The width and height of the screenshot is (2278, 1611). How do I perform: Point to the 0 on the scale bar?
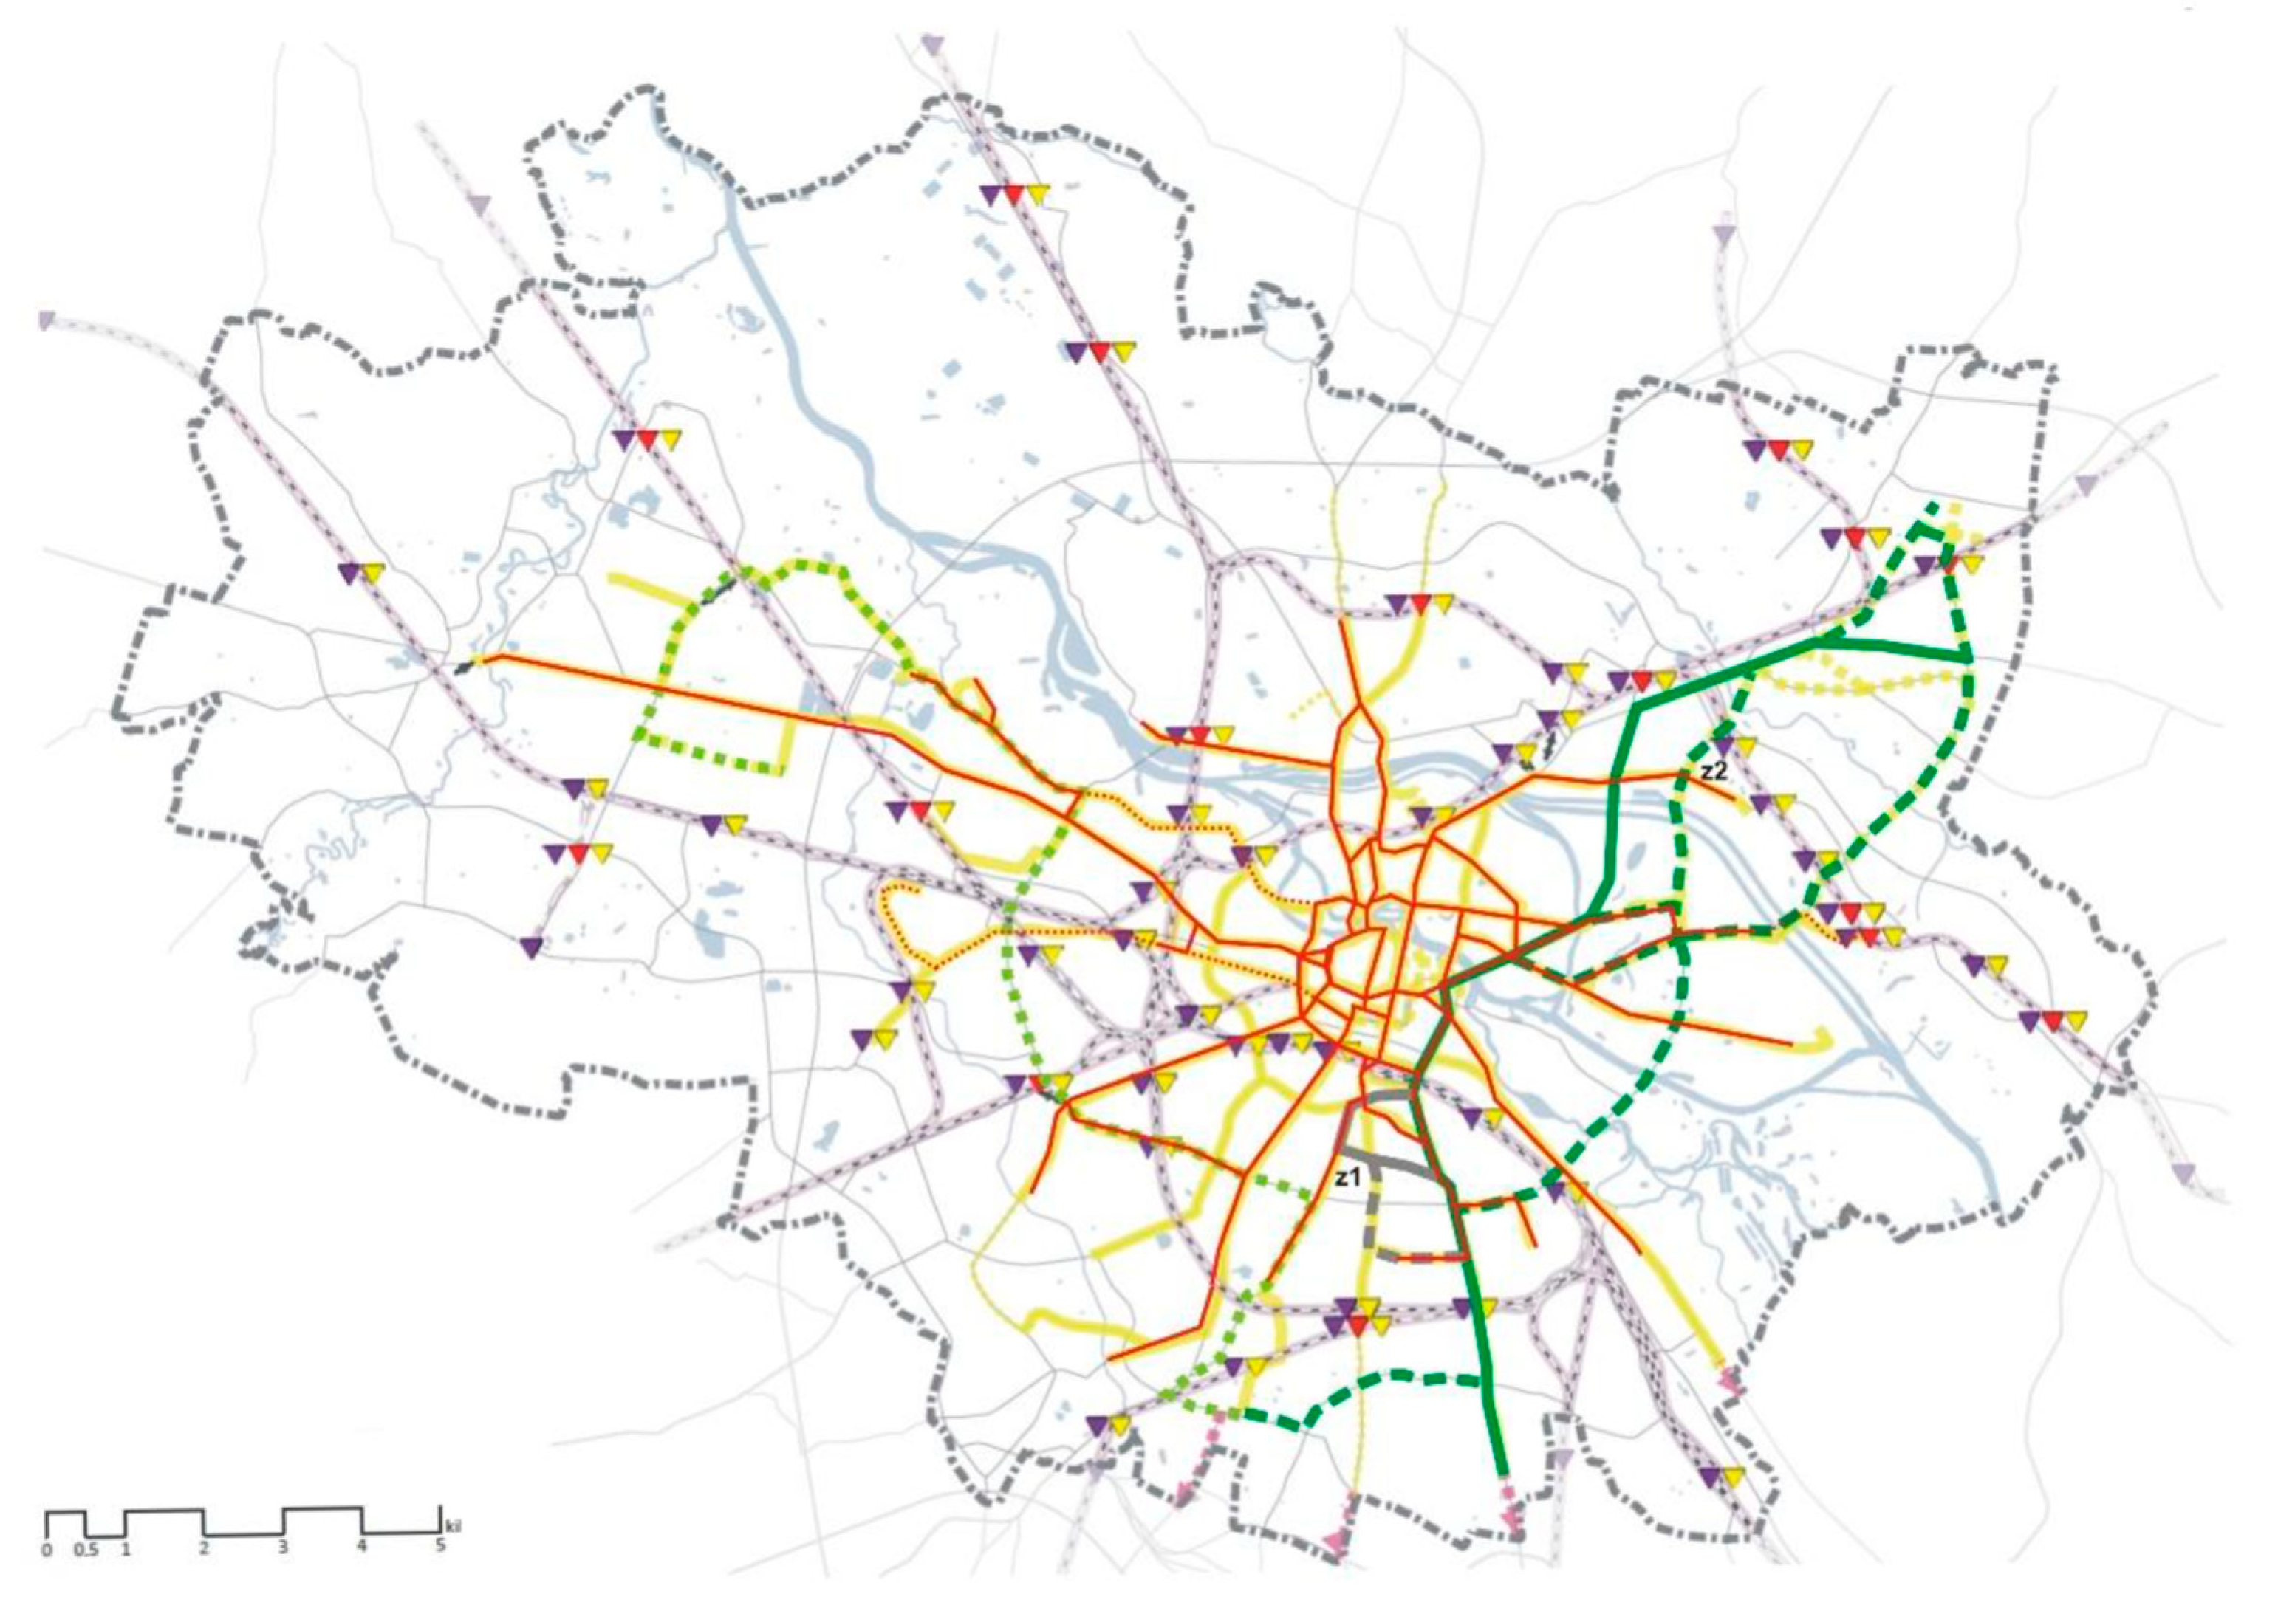click(x=47, y=1550)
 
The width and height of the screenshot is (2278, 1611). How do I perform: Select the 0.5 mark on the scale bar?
click(x=86, y=1550)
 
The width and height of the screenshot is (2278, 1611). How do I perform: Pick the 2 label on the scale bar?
click(x=205, y=1550)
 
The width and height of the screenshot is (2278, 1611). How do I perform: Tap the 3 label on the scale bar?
click(x=283, y=1550)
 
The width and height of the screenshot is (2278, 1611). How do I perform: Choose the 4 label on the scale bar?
click(x=362, y=1550)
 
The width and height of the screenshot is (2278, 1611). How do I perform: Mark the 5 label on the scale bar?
click(x=439, y=1550)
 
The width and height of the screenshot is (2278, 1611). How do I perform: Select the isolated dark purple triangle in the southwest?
click(x=533, y=947)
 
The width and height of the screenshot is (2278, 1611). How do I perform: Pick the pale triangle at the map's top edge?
click(x=931, y=44)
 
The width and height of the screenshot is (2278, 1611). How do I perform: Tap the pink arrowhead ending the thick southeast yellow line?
click(x=1731, y=1380)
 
